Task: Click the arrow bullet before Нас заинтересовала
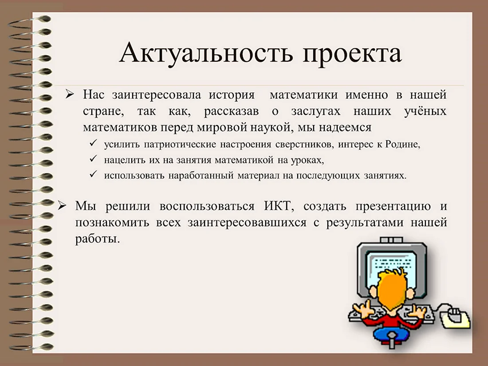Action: point(70,94)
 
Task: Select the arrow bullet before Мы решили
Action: point(62,206)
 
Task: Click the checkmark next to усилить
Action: point(93,143)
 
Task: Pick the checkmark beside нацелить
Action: point(93,159)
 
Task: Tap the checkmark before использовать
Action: point(93,174)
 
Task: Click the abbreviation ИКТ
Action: point(279,206)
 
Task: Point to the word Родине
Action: point(403,145)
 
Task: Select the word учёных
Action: point(425,111)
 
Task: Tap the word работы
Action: point(98,239)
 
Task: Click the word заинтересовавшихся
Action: point(247,223)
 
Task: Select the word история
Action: point(232,94)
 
